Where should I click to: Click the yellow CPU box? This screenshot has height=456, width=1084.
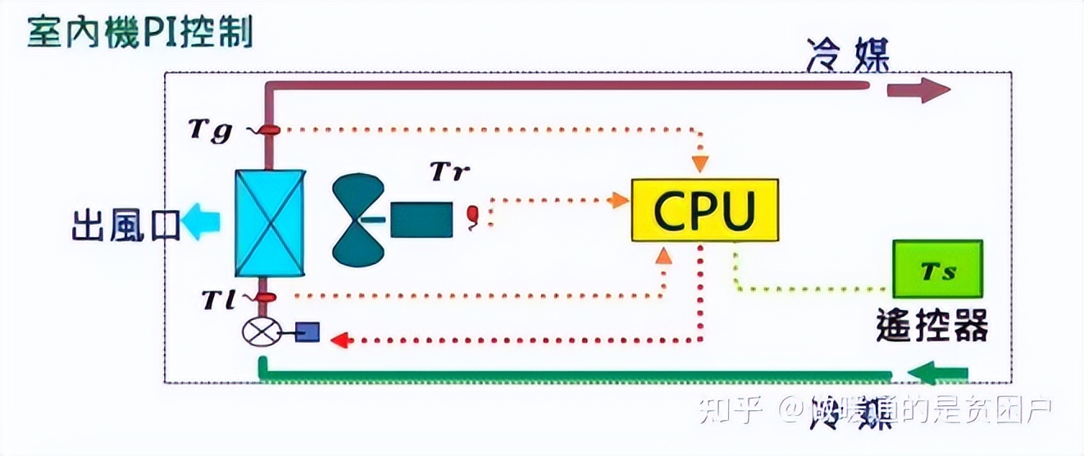(704, 210)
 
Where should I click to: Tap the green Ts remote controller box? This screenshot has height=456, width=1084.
(938, 269)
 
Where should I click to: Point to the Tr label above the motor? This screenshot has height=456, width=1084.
(450, 172)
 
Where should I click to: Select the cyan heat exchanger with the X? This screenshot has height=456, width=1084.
(270, 224)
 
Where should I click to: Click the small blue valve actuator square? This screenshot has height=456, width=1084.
(307, 331)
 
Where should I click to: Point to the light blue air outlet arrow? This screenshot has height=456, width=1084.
(201, 223)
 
